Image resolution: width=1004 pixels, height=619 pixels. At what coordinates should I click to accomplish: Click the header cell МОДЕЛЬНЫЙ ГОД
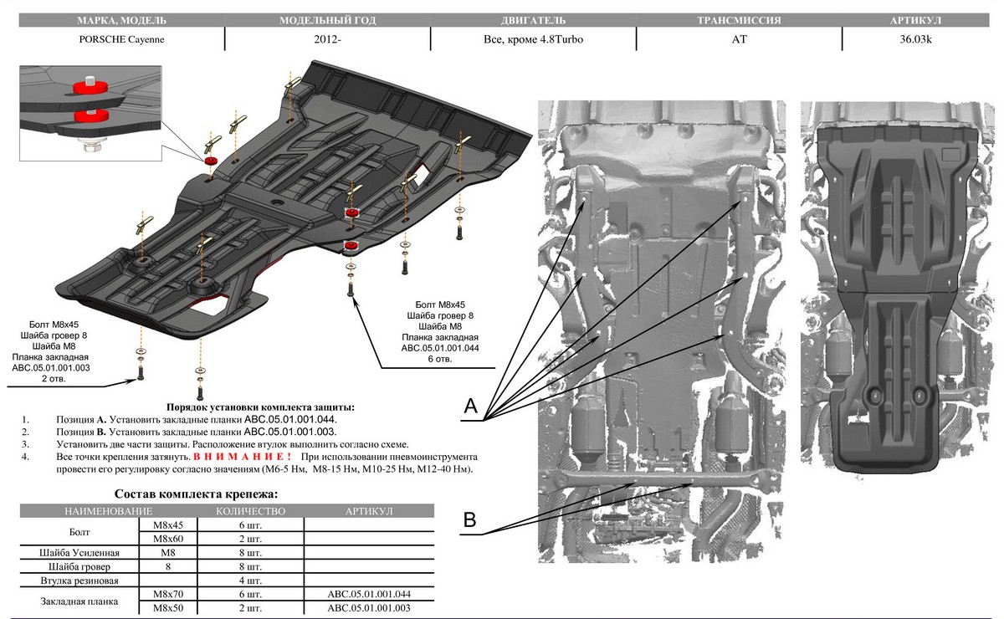[x=327, y=20]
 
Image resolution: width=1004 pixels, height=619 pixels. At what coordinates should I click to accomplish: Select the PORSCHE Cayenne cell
[x=121, y=39]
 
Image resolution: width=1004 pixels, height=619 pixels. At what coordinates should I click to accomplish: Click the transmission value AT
[x=739, y=39]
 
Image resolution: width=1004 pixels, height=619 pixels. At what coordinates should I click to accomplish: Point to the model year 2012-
[x=327, y=39]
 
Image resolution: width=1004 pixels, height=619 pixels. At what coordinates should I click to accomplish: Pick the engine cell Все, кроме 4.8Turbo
[x=533, y=39]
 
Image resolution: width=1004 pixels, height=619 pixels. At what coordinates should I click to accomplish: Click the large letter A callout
[x=470, y=407]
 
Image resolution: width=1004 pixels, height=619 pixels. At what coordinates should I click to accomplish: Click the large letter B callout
[x=470, y=519]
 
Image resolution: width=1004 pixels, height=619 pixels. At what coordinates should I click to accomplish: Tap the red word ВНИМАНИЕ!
[x=242, y=458]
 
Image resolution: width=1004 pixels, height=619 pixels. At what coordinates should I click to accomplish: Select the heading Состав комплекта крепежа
[x=196, y=494]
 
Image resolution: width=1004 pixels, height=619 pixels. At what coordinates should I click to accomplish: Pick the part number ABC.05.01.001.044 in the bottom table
[x=369, y=594]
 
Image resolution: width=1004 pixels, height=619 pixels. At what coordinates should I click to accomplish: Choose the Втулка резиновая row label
[x=79, y=580]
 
